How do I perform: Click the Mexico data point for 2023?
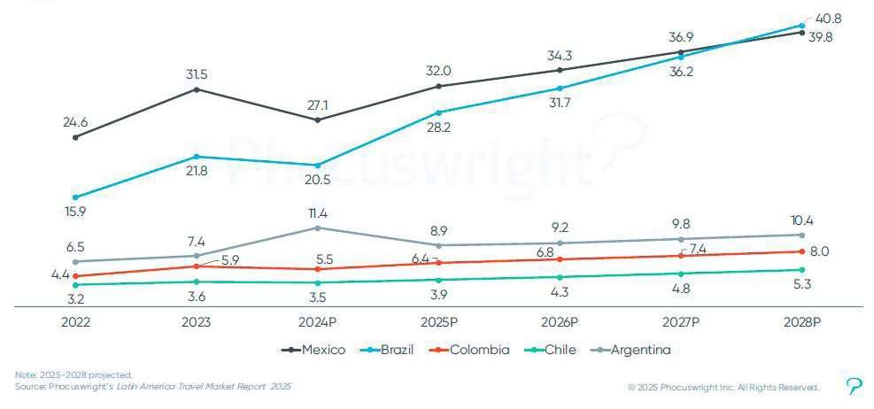[x=197, y=89]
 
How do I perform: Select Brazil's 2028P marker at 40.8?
[x=801, y=25]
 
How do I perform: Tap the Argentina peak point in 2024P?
[x=317, y=228]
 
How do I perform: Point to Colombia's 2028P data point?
[x=801, y=251]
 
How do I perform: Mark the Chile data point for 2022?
[x=75, y=284]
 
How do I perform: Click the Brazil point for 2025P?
[x=438, y=112]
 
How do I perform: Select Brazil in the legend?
[x=391, y=350]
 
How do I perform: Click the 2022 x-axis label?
[x=75, y=322]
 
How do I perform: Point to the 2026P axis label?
[x=559, y=322]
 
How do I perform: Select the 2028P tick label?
[x=801, y=322]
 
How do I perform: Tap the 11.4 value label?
[x=317, y=212]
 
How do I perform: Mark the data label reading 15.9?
[x=75, y=212]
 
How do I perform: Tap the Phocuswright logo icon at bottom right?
[x=855, y=386]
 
